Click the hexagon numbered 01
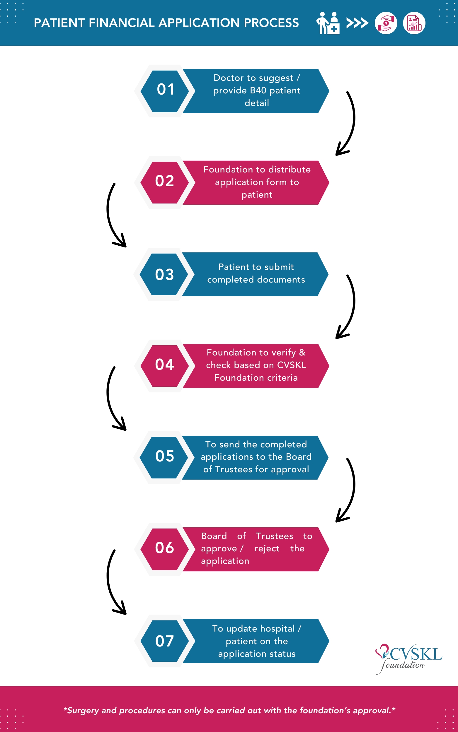[x=165, y=91]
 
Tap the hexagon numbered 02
[x=165, y=182]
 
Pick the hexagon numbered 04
[x=165, y=366]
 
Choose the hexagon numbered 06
[x=165, y=549]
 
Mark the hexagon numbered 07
[x=165, y=641]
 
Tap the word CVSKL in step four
[x=292, y=365]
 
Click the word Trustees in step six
[x=275, y=536]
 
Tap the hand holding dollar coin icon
[x=386, y=23]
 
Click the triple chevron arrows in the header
[x=357, y=23]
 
